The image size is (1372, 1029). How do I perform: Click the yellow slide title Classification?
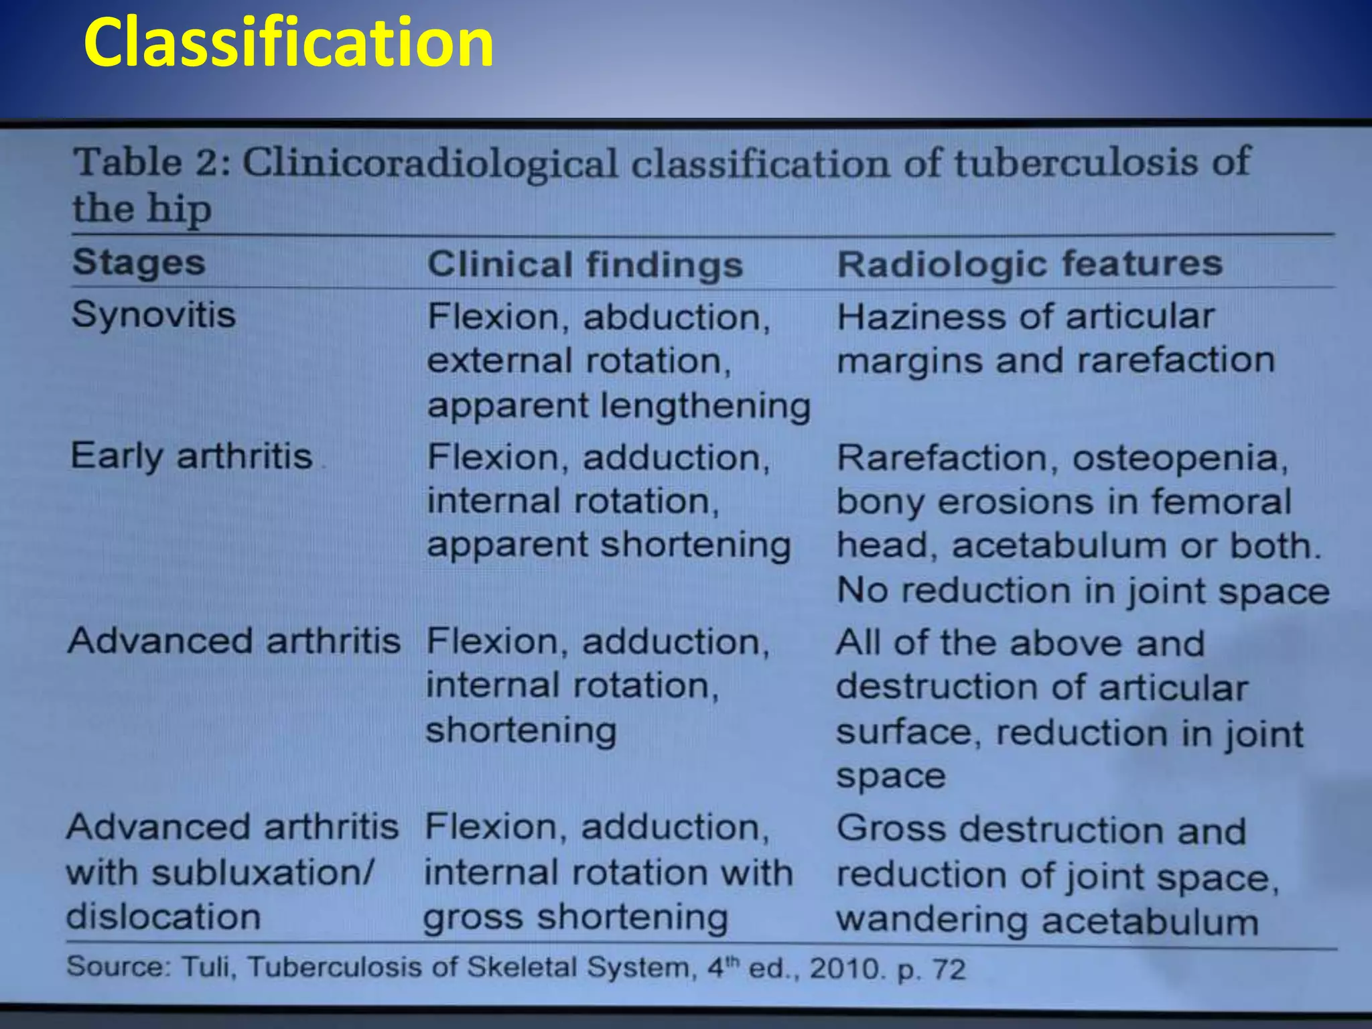[x=289, y=43]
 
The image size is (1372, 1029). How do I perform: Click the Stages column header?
[x=139, y=262]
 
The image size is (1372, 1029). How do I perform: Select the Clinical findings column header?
[x=585, y=264]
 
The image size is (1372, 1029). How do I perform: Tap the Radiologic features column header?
[x=1030, y=263]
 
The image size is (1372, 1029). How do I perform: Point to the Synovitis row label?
[x=153, y=314]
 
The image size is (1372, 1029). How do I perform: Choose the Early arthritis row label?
[x=192, y=456]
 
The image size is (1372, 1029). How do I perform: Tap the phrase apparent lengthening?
[x=618, y=406]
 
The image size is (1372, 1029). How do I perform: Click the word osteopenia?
[x=1180, y=459]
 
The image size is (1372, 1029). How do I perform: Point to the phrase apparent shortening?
[x=608, y=545]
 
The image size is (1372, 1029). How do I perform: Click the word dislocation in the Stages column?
[x=163, y=916]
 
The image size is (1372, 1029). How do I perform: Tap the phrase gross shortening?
[x=575, y=918]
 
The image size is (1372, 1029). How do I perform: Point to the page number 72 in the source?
[x=949, y=969]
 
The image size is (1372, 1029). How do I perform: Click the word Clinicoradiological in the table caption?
[x=429, y=163]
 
